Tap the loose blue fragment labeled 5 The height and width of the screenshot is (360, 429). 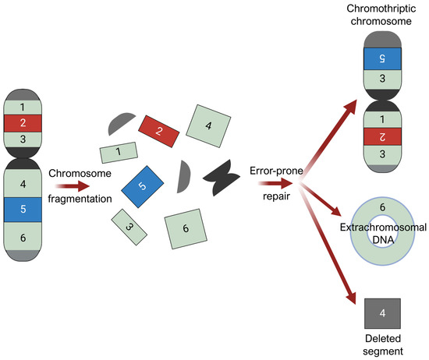[141, 187]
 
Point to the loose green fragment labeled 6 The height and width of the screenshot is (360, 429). [185, 228]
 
